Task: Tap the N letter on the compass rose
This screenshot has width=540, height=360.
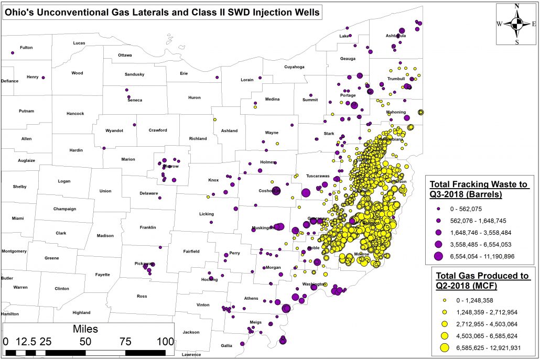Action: click(x=517, y=6)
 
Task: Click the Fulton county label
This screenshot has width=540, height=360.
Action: click(x=26, y=48)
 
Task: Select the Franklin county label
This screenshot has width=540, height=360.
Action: click(x=148, y=227)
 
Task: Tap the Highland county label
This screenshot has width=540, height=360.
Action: click(x=81, y=313)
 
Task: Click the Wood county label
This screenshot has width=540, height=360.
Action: click(x=77, y=73)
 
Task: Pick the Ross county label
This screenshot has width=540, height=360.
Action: click(x=142, y=296)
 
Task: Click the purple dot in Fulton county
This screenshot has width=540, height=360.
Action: click(x=12, y=52)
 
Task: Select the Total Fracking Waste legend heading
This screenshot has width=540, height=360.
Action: click(x=479, y=189)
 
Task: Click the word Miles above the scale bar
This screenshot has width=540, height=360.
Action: click(x=85, y=329)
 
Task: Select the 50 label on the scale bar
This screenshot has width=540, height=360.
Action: click(x=85, y=341)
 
